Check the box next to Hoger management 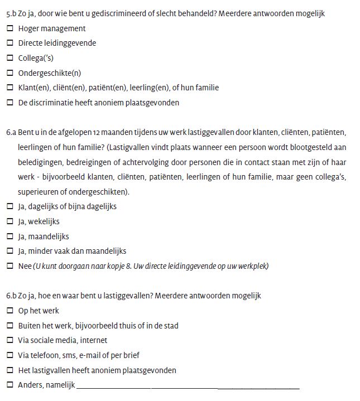tap(10, 28)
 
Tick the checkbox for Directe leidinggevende tap(10, 43)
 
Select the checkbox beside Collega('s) tap(10, 58)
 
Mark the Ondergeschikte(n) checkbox tap(10, 73)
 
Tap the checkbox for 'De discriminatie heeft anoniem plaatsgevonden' tap(10, 103)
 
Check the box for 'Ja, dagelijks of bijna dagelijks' tap(10, 206)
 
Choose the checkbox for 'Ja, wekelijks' tap(10, 221)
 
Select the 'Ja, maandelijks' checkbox tap(10, 236)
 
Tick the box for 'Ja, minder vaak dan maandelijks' tap(10, 251)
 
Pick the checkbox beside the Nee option tap(10, 266)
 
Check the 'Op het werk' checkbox tap(10, 311)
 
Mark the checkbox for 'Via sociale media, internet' tap(10, 340)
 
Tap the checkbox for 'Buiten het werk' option tap(10, 326)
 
